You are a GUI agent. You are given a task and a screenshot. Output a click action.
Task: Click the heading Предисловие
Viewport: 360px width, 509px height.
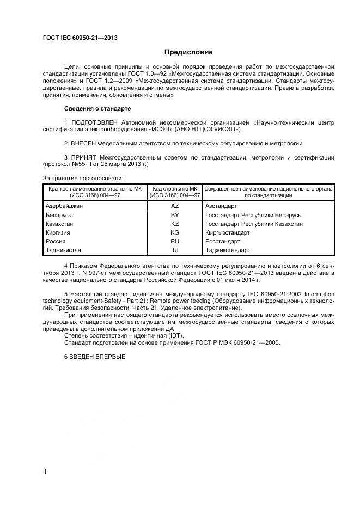pyautogui.click(x=188, y=52)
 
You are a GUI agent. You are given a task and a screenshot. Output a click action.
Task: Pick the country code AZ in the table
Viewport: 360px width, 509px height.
pyautogui.click(x=175, y=206)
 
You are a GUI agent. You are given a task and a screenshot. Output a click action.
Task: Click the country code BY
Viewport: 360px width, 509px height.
pyautogui.click(x=175, y=215)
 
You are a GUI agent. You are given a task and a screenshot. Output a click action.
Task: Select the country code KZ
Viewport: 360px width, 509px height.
pyautogui.click(x=175, y=224)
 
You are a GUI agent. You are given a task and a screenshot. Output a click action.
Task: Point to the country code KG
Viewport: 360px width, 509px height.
pyautogui.click(x=175, y=232)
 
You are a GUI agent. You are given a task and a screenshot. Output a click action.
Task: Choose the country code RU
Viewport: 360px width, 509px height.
pyautogui.click(x=175, y=241)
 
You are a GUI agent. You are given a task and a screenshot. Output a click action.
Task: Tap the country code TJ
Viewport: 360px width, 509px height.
pyautogui.click(x=175, y=250)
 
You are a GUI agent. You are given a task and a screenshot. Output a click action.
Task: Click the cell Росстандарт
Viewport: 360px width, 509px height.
pyautogui.click(x=222, y=241)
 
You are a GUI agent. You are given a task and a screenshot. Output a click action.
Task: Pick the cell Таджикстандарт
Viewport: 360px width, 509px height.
pyautogui.click(x=228, y=250)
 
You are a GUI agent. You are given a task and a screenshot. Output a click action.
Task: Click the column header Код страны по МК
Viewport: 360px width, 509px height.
pyautogui.click(x=175, y=188)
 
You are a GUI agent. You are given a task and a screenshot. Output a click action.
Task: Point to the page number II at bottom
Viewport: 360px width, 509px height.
pyautogui.click(x=45, y=472)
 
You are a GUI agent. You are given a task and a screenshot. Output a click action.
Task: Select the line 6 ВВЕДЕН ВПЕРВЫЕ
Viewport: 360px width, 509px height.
pyautogui.click(x=95, y=356)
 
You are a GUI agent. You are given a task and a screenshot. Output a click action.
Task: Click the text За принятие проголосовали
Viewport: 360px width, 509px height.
pyautogui.click(x=83, y=177)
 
